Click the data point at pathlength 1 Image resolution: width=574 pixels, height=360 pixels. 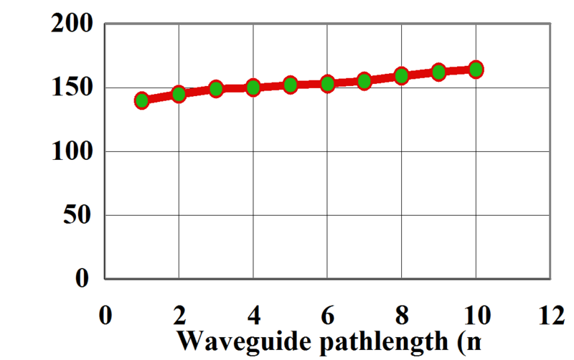[x=141, y=100]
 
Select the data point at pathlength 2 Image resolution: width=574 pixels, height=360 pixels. [x=179, y=94]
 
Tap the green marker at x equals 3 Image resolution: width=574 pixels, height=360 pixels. [x=216, y=90]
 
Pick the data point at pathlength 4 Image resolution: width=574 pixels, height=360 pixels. [x=253, y=88]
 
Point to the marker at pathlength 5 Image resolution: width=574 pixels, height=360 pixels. [x=290, y=85]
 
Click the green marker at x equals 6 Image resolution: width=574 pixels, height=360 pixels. [x=327, y=84]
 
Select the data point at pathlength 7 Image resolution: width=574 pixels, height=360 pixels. [x=364, y=81]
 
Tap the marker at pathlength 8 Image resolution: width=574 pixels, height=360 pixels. [x=401, y=75]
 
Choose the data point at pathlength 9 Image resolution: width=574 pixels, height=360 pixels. [x=438, y=72]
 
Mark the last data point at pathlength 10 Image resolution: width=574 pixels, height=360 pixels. [x=475, y=70]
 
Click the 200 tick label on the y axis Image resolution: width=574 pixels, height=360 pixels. [x=72, y=24]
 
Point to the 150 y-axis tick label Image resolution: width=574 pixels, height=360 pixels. [x=72, y=88]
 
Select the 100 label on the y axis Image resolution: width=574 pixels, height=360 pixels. [x=72, y=151]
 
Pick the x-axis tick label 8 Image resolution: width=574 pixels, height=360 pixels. [x=401, y=316]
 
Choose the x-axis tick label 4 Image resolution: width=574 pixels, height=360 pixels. [x=253, y=316]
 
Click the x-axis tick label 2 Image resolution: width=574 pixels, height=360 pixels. [x=179, y=316]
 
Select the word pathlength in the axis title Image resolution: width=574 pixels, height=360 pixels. [x=378, y=341]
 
